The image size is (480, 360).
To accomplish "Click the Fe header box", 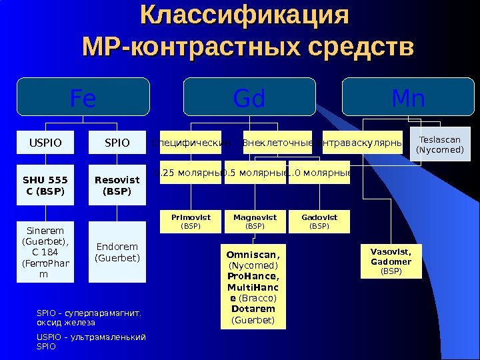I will point(83,97).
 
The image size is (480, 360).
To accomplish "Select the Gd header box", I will point(250,97).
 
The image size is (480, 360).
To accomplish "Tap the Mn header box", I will point(409,97).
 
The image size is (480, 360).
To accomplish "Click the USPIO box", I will point(45,142).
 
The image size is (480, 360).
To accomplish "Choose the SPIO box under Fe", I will point(118,142).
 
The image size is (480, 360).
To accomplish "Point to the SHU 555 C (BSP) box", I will point(45,186).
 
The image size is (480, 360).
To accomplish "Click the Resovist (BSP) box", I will point(118,186).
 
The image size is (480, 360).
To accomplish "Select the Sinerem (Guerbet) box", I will point(45,253).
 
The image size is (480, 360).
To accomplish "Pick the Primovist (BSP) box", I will point(191,222).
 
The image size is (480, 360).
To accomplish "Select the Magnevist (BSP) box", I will point(255,222).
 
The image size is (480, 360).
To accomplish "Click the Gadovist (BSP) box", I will point(320,222).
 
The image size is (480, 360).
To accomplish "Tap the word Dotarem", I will point(253,309).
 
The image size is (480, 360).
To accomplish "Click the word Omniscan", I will point(253,255).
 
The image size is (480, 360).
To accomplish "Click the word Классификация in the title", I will point(245,15).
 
